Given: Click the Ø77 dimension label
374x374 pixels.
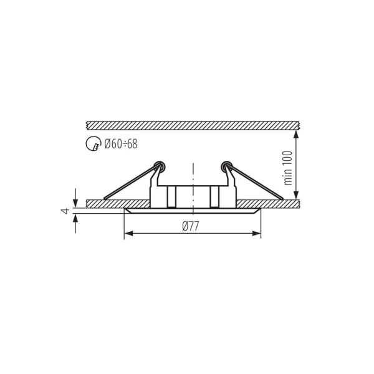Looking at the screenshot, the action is coord(190,226).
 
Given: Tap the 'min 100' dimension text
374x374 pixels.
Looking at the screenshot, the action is coord(287,168).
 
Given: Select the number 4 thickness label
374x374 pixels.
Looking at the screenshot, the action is coord(65,211).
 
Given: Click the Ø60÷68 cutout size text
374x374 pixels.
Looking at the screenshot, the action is coord(121,144).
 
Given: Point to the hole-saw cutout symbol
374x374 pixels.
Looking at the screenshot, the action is coord(93,143).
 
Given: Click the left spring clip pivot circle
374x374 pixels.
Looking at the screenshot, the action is coord(159,166).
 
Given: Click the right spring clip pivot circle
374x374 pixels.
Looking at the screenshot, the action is coord(226,166).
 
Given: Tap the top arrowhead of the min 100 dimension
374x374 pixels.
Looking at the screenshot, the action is coord(296,134).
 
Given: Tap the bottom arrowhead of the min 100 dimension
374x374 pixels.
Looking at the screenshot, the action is coord(296,194).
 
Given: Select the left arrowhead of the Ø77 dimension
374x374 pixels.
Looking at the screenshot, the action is coord(128,234).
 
